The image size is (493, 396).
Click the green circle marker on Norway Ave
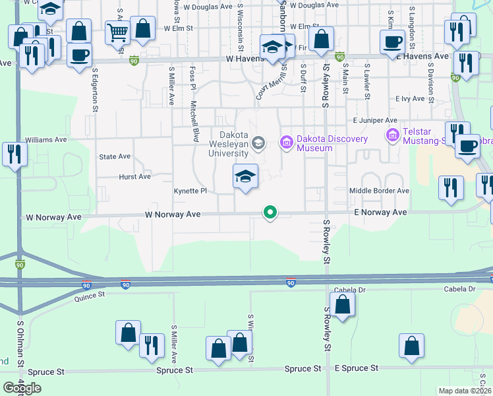(x=270, y=213)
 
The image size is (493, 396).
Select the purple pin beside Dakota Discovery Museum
(x=286, y=142)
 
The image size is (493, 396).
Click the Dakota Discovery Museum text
(x=314, y=143)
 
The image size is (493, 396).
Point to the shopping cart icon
(x=117, y=30)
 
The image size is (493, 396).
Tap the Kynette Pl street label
(x=190, y=191)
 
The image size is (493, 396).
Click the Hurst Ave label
(x=134, y=177)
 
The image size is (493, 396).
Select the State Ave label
(x=115, y=157)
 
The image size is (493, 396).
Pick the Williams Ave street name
(x=45, y=140)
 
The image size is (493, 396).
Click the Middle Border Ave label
(x=379, y=191)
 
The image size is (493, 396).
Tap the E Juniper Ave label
(x=375, y=121)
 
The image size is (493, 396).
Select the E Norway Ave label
(x=380, y=213)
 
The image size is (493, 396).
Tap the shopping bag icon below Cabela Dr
(x=342, y=304)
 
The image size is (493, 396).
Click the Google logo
(x=22, y=387)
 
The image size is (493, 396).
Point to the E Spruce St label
(x=357, y=368)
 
